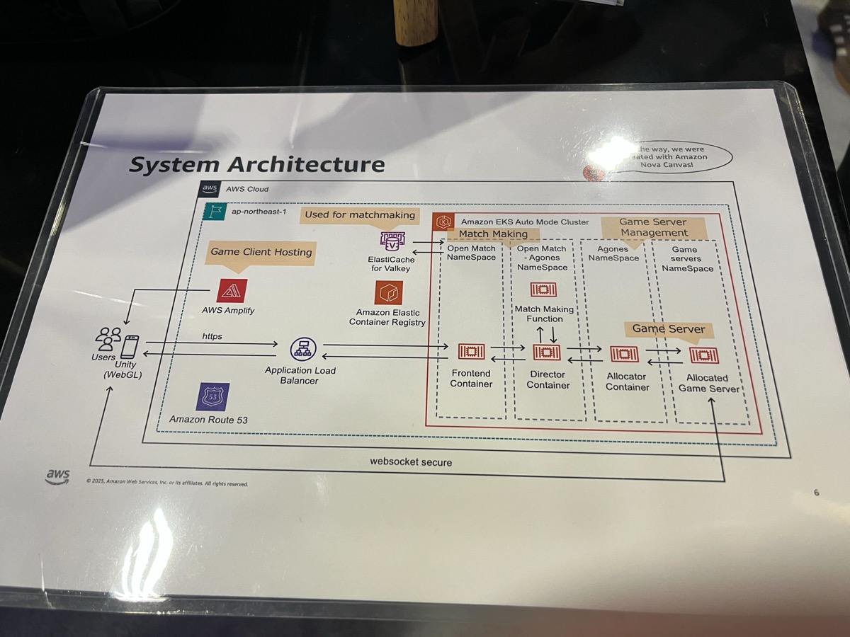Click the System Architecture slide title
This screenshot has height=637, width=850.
click(x=256, y=165)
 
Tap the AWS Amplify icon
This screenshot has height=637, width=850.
click(x=232, y=290)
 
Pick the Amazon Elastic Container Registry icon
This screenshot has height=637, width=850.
click(x=388, y=292)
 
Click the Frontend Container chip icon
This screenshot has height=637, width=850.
click(x=471, y=351)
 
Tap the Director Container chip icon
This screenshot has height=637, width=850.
click(x=546, y=352)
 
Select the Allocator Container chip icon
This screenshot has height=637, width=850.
click(x=624, y=354)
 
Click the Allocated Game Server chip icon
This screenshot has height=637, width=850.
click(x=703, y=355)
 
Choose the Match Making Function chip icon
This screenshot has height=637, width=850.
click(x=543, y=289)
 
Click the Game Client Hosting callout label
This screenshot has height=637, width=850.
click(x=261, y=252)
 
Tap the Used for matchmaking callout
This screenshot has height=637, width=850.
click(x=360, y=214)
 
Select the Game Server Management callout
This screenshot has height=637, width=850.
click(x=653, y=227)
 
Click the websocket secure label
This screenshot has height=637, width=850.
click(x=410, y=462)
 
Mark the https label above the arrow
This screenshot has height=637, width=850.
click(x=212, y=336)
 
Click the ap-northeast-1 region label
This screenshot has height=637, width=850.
click(x=256, y=211)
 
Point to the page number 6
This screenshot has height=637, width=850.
click(x=816, y=493)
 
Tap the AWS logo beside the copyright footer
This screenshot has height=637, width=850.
click(x=58, y=476)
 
